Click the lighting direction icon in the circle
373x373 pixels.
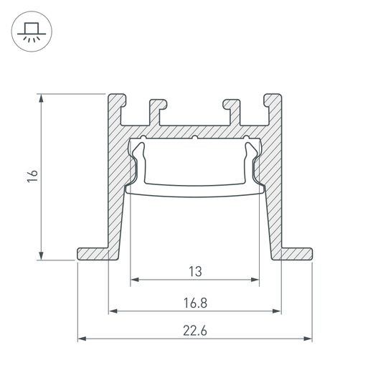pyautogui.click(x=31, y=32)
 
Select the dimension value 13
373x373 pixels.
pyautogui.click(x=194, y=271)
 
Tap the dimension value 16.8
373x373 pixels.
pyautogui.click(x=194, y=303)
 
